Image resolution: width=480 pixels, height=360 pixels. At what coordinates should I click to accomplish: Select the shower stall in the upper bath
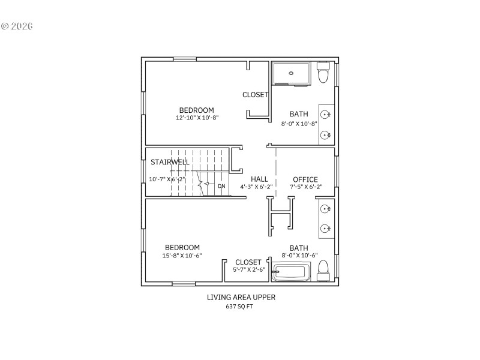pyautogui.click(x=291, y=73)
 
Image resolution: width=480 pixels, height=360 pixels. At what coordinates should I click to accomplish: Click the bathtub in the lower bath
pyautogui.click(x=291, y=274)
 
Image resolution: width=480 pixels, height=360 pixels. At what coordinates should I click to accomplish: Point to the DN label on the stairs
pyautogui.click(x=221, y=186)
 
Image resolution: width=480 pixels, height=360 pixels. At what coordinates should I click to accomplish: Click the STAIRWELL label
pyautogui.click(x=170, y=162)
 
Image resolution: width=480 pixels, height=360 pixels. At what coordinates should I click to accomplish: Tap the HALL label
pyautogui.click(x=259, y=179)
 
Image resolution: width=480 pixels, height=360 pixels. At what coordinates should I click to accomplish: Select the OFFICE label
pyautogui.click(x=305, y=179)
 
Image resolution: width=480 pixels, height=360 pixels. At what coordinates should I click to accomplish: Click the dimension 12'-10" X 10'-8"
pyautogui.click(x=197, y=118)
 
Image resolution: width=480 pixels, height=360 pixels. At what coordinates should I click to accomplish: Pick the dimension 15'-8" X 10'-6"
pyautogui.click(x=182, y=256)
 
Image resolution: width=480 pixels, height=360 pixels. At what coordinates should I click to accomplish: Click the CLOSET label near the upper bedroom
pyautogui.click(x=255, y=95)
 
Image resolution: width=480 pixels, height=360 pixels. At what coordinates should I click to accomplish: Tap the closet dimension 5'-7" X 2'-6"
pyautogui.click(x=248, y=269)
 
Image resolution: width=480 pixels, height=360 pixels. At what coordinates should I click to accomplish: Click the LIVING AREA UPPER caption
pyautogui.click(x=241, y=297)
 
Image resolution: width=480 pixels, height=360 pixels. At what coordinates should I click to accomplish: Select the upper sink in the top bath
pyautogui.click(x=326, y=114)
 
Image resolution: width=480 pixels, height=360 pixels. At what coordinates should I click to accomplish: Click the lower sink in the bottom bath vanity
pyautogui.click(x=326, y=228)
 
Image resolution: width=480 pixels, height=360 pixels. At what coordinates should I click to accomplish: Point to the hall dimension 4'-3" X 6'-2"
pyautogui.click(x=257, y=187)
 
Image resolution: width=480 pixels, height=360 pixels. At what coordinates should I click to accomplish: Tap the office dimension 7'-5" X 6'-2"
pyautogui.click(x=306, y=187)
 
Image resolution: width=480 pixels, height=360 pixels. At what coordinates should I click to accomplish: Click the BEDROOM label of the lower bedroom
pyautogui.click(x=182, y=247)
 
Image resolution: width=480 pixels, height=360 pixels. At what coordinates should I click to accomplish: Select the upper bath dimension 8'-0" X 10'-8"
pyautogui.click(x=299, y=124)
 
